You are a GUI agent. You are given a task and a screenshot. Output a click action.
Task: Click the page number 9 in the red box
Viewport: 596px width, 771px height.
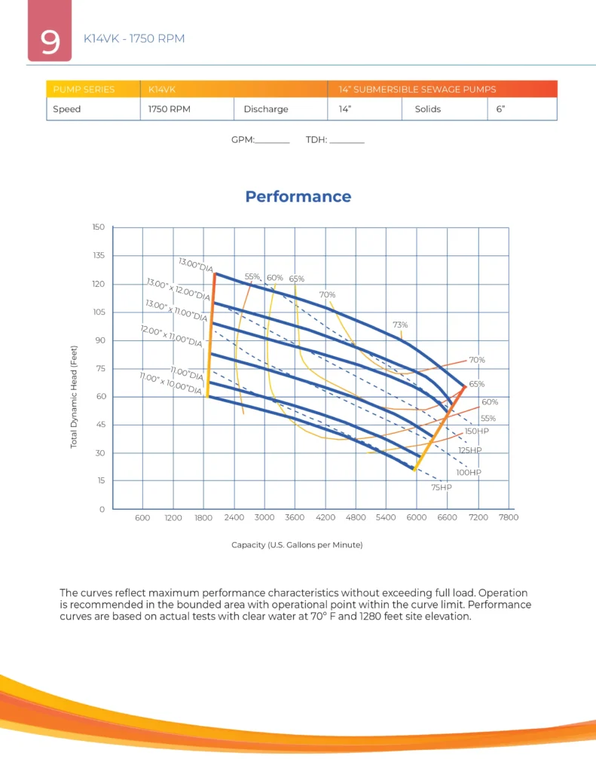coord(50,42)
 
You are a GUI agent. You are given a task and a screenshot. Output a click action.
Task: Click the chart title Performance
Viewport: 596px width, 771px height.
coord(298,197)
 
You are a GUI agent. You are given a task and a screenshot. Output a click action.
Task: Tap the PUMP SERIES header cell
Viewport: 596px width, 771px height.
coord(84,90)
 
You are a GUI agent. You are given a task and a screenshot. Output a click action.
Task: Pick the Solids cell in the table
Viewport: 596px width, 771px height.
coord(427,109)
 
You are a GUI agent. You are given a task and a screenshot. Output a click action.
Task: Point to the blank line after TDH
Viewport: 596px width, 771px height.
coord(347,141)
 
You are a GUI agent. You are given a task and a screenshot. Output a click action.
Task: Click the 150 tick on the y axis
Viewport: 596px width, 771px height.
coord(98,227)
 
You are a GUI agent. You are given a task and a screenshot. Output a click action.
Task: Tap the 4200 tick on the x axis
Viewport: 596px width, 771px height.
coord(326,518)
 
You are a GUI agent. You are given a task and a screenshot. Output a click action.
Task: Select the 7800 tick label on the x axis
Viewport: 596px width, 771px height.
coord(509,518)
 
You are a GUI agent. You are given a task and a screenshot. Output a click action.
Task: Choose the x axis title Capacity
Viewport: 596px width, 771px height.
coord(297,544)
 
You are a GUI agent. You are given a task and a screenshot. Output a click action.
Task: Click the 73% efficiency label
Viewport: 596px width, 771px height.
coord(399,325)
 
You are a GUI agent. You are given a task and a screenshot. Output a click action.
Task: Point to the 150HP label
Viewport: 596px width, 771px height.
coord(477,431)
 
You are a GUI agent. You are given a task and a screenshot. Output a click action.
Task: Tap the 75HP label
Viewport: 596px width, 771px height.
coord(441,488)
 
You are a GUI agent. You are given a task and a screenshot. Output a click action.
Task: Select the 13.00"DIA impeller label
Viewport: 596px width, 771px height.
coord(196,265)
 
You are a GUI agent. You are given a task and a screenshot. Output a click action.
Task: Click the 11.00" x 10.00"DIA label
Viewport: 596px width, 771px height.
coord(171,383)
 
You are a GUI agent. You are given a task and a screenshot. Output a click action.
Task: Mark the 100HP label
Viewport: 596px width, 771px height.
coord(468,472)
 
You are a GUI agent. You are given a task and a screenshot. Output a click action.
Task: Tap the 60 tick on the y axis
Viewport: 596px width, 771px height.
coord(100,397)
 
